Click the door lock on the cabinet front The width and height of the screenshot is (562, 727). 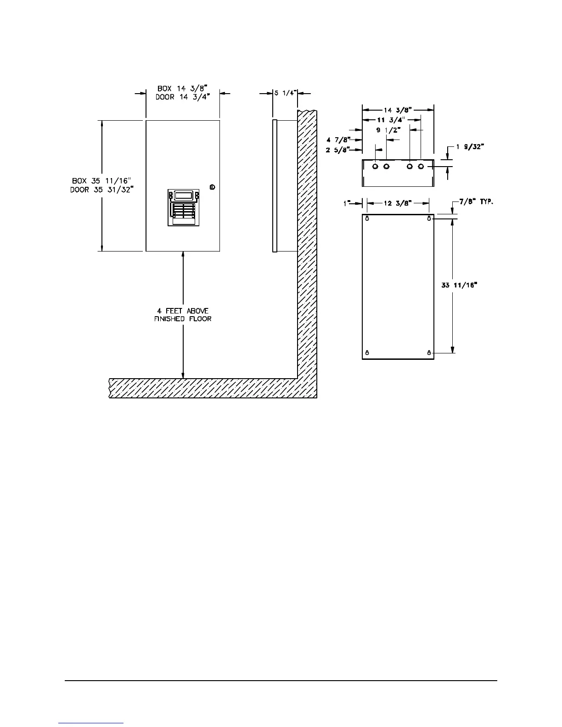[x=212, y=187]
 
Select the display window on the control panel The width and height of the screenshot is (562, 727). [x=183, y=195]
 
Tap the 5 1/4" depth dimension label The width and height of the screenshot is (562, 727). [x=285, y=93]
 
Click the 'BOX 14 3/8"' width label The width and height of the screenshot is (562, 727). [x=183, y=88]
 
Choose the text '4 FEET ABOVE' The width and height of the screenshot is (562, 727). [x=183, y=311]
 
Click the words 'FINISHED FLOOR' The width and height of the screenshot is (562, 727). [x=183, y=319]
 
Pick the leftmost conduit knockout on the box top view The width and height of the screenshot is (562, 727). [x=376, y=166]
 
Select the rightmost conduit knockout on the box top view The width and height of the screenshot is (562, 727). [x=421, y=166]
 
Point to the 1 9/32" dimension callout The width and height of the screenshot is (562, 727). [x=470, y=147]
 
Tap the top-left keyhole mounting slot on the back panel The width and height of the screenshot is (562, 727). [x=367, y=218]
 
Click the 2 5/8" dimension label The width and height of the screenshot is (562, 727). [x=338, y=149]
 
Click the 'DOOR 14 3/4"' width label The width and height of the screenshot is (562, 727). [x=183, y=97]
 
